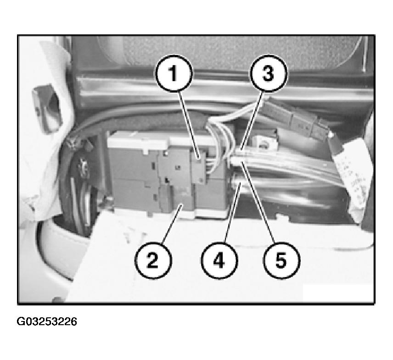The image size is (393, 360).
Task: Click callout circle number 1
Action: point(174,73)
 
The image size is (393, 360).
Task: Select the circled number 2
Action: point(153,260)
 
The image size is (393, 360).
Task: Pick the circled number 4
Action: point(219,260)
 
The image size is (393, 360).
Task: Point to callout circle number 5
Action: point(281,260)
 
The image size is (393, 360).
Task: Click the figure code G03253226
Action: point(47,321)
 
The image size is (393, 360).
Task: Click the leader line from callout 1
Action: point(189,125)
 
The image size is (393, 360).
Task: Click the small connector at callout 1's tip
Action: point(198,168)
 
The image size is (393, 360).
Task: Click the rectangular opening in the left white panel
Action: point(47,108)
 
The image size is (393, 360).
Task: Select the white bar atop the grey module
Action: point(137,141)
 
